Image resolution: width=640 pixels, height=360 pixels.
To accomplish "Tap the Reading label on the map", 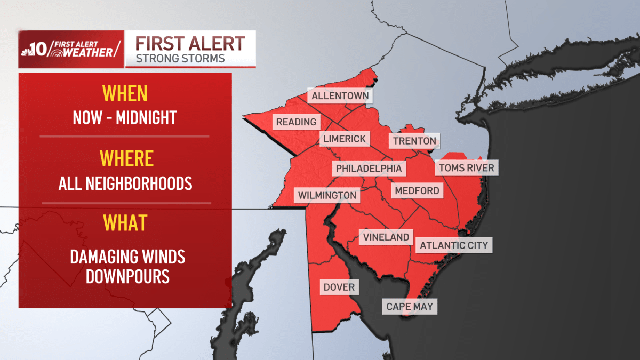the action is (296, 122).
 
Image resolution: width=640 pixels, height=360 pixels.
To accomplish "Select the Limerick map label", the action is (345, 139).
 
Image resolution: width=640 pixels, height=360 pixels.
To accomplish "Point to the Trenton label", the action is (414, 141).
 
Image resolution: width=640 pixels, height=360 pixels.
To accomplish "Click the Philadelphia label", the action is (369, 169).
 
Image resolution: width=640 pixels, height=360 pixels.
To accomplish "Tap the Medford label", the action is (417, 190).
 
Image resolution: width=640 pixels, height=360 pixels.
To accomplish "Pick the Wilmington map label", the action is (327, 195).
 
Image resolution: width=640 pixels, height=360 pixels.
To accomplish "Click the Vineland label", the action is (386, 237).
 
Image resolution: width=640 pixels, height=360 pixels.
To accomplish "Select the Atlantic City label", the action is (454, 246).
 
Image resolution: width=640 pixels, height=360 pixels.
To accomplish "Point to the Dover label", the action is (339, 287).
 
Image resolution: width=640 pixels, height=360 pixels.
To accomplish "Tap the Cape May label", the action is (410, 307).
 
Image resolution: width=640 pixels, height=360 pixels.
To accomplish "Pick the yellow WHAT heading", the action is (125, 222).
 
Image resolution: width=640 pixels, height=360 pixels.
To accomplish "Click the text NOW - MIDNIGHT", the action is (125, 117).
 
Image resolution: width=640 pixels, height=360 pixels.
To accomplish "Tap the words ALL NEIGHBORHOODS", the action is (125, 184).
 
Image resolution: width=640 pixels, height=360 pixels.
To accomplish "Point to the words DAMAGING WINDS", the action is (127, 257).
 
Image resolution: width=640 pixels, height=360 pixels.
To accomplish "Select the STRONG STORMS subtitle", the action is (180, 58).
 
